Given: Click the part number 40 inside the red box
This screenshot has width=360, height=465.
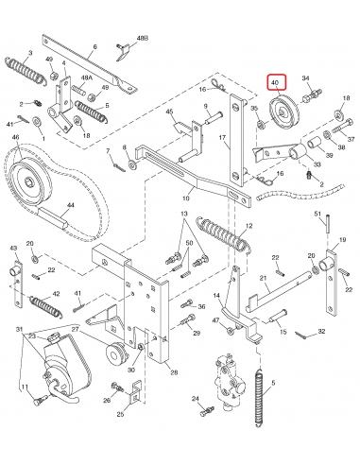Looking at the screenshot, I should tap(275, 84).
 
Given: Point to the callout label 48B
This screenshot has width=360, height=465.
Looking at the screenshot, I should tap(143, 37).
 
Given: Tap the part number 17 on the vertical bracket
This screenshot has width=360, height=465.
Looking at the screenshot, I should tap(223, 138).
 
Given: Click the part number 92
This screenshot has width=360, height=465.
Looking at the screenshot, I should tap(321, 333).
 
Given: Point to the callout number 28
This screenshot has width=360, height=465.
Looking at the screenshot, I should tap(172, 374).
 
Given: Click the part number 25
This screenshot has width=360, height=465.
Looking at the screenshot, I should tap(121, 414).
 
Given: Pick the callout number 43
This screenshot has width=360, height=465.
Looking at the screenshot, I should tap(13, 248).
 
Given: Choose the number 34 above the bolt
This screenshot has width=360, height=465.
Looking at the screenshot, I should tap(305, 79).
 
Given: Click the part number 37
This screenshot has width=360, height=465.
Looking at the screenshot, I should tap(351, 139).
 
